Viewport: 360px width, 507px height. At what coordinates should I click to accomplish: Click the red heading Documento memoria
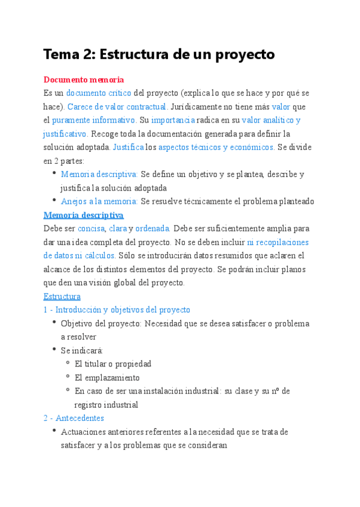pyautogui.click(x=83, y=80)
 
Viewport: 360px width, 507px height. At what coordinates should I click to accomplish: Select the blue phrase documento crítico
pyautogui.click(x=99, y=93)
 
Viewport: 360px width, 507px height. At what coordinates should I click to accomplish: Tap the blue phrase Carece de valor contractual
pyautogui.click(x=117, y=107)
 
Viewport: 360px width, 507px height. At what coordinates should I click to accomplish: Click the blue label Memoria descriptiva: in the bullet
pyautogui.click(x=99, y=174)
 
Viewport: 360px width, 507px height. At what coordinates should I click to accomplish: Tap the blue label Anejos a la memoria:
pyautogui.click(x=99, y=201)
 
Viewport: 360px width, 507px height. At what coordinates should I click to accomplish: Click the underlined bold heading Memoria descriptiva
pyautogui.click(x=83, y=215)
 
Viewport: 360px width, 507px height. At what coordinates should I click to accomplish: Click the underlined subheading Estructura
pyautogui.click(x=62, y=297)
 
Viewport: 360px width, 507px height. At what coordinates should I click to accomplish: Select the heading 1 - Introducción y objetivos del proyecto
pyautogui.click(x=117, y=310)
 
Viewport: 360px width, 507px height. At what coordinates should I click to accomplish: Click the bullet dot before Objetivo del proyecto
pyautogui.click(x=54, y=323)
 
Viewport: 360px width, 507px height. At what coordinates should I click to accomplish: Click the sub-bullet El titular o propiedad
pyautogui.click(x=113, y=364)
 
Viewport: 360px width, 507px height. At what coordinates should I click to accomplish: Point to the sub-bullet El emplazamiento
pyautogui.click(x=107, y=377)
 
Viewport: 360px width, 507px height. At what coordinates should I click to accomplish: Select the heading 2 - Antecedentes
pyautogui.click(x=74, y=418)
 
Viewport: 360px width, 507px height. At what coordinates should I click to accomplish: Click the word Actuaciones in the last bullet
pyautogui.click(x=82, y=432)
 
